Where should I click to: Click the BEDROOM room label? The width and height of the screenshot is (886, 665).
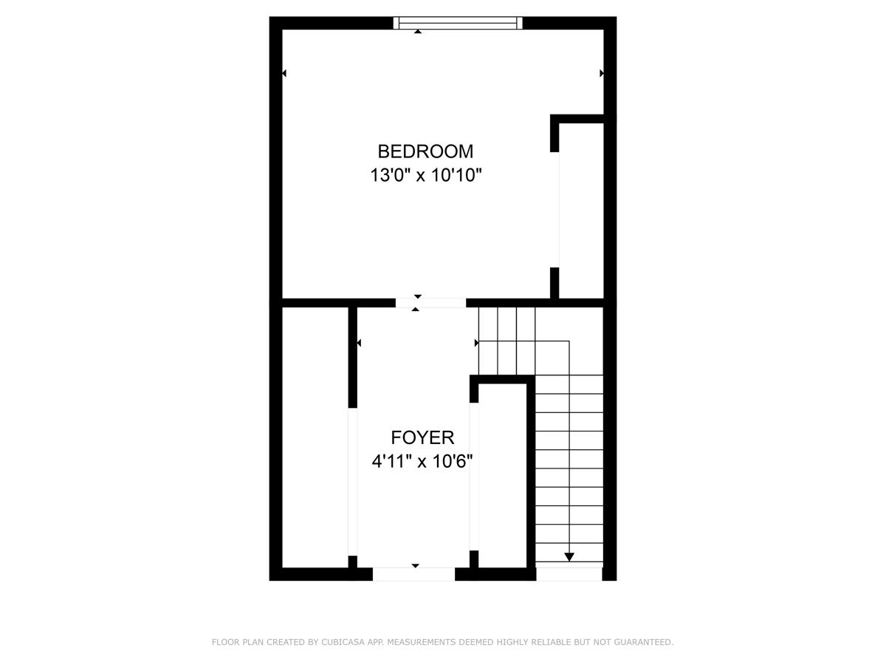point(425,151)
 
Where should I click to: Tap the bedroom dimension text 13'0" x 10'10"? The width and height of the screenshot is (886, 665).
point(426,175)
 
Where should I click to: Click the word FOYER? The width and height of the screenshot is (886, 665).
point(422,437)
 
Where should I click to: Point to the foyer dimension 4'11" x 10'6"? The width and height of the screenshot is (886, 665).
point(422,461)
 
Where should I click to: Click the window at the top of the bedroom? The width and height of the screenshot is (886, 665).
point(458,23)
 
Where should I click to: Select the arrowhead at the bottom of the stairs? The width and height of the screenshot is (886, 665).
point(569,557)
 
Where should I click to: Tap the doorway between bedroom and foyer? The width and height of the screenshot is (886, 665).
point(430,303)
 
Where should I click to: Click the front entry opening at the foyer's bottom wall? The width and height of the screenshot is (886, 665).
point(413,574)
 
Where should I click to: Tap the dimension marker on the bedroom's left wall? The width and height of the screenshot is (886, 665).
point(284,73)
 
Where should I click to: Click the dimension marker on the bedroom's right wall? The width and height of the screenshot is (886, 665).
point(602,73)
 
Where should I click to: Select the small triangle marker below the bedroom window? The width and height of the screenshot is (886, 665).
point(418,31)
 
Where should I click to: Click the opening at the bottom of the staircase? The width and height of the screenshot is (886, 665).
point(569,574)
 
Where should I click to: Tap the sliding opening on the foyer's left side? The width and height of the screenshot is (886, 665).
point(353,482)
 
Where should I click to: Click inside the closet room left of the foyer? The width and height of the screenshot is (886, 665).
point(315,437)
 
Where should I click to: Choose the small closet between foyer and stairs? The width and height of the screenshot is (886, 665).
point(503,476)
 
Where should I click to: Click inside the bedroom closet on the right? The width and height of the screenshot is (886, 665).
point(581,211)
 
